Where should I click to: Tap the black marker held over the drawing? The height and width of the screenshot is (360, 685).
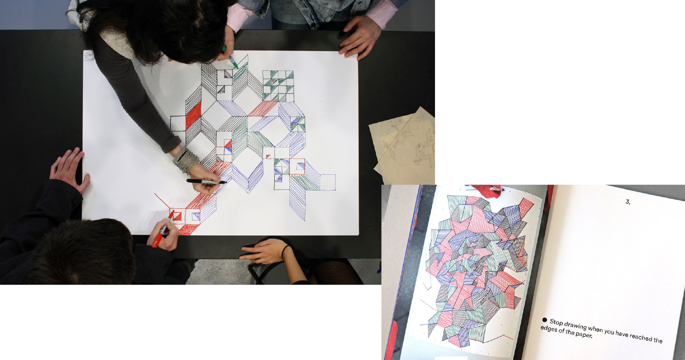[x=207, y=182]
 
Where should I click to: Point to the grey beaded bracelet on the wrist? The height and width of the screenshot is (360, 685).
[x=185, y=159]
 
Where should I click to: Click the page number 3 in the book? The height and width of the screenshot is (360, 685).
[x=628, y=202]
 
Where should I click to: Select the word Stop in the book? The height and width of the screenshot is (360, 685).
[x=556, y=322]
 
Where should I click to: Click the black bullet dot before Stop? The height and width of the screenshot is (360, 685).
[x=545, y=320]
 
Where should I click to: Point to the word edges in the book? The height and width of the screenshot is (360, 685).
[x=548, y=329]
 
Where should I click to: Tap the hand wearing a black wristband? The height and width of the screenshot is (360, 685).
[x=265, y=251]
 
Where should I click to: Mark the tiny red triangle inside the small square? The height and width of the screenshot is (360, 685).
[x=268, y=156]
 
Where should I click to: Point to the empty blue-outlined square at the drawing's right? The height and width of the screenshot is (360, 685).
[x=327, y=182]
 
